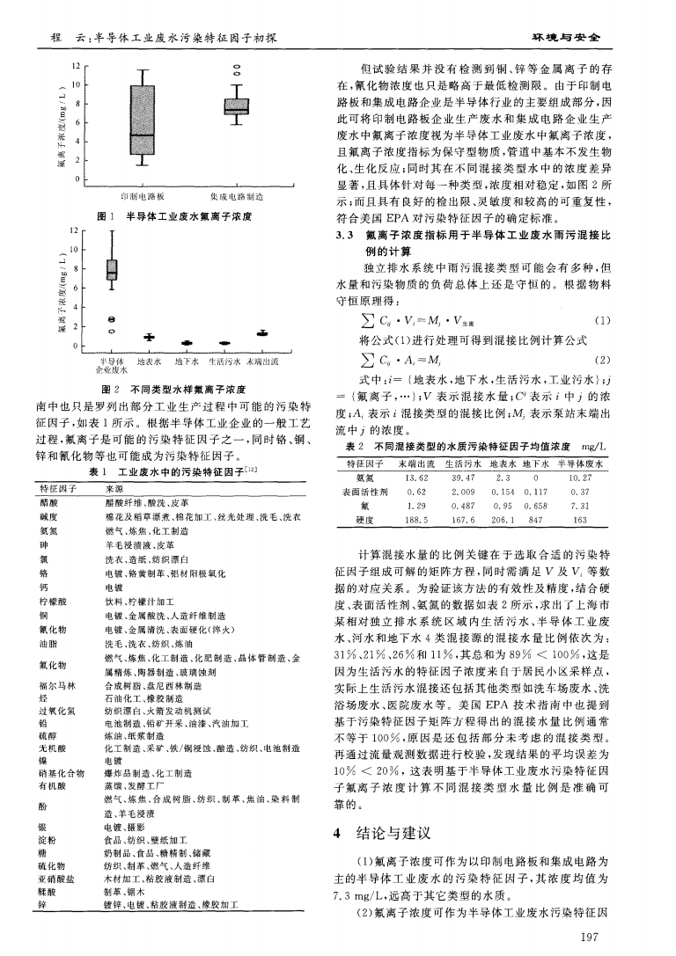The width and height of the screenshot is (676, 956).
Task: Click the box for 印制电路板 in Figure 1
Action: (x=142, y=121)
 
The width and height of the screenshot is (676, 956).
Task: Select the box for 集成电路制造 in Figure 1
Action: (x=236, y=106)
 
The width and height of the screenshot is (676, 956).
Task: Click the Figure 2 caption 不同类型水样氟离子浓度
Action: (x=185, y=389)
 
